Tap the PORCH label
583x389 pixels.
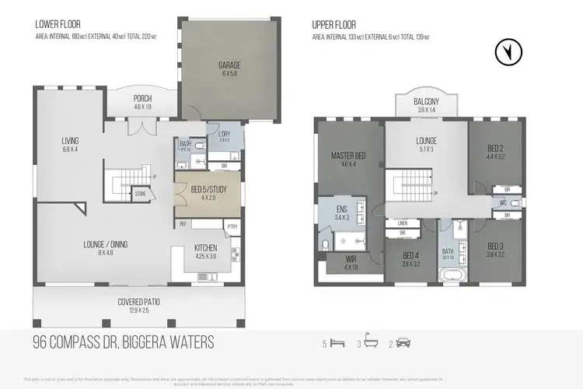point(142,98)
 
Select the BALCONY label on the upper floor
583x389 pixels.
point(426,102)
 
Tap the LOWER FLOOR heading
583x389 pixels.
point(58,24)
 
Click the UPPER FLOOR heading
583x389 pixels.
point(333,24)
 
